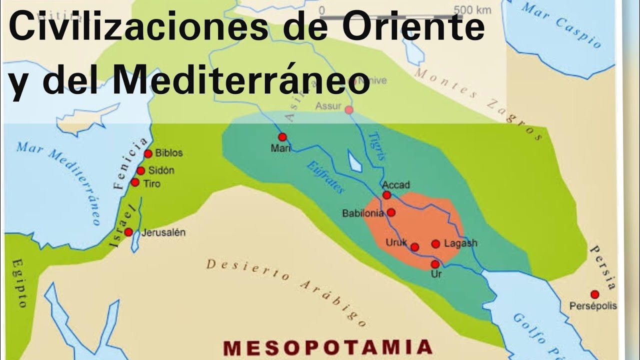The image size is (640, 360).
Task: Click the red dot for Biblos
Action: coord(148,154)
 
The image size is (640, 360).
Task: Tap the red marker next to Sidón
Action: coord(141,171)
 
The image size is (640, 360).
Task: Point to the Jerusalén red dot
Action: coord(128,232)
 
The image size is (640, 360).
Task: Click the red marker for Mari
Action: coord(282,137)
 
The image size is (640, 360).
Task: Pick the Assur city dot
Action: coord(349,110)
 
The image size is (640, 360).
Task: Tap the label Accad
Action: coord(396,185)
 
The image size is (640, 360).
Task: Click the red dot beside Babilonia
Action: coord(391,212)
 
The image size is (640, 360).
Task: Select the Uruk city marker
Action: coord(414,247)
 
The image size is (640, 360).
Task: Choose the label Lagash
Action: coord(460,243)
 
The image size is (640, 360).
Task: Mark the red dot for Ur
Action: coord(435,264)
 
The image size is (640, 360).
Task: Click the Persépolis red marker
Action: coord(594,294)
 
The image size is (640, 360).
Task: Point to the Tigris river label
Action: coord(377,145)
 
